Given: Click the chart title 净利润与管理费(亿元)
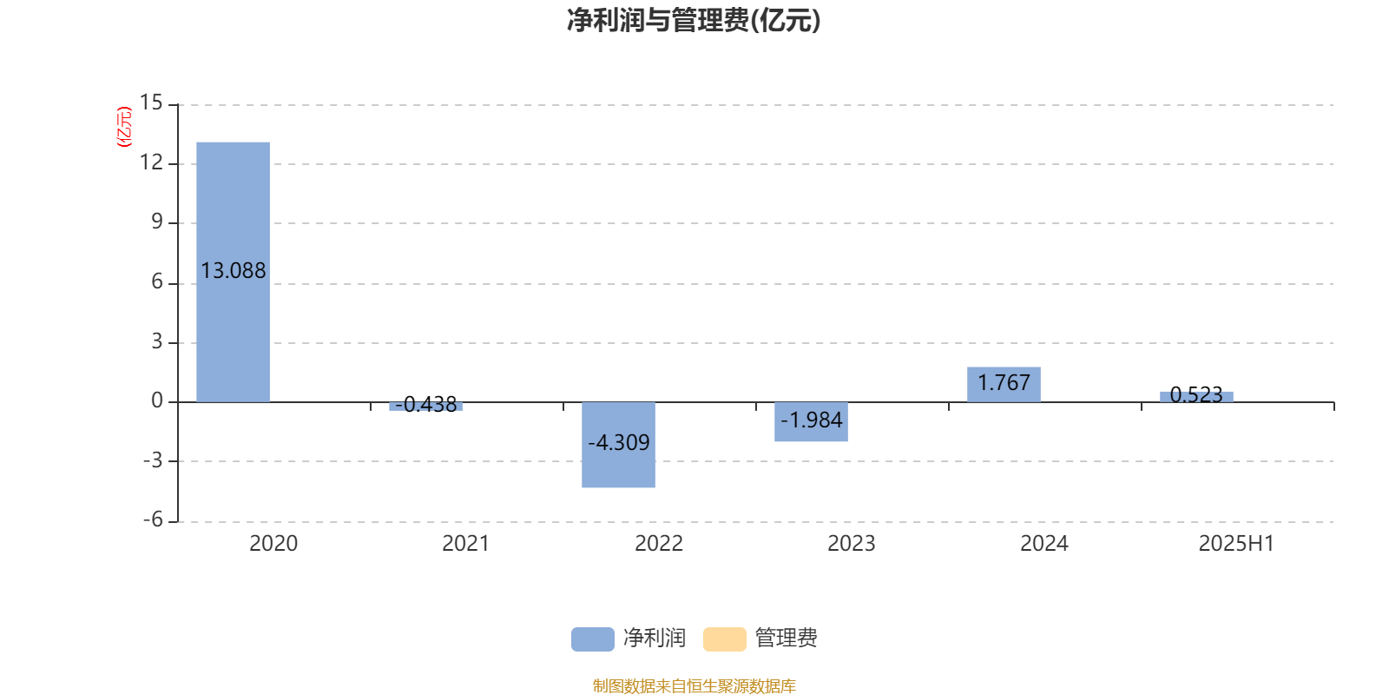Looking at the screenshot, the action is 694,20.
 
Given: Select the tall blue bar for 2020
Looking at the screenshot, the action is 234,272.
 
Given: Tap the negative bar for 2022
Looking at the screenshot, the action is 618,444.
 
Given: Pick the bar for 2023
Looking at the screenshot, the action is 811,421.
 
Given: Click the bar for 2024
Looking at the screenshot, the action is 1004,385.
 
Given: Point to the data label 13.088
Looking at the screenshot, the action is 234,270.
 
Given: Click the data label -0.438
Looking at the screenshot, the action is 426,405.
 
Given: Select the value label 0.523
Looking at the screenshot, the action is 1196,394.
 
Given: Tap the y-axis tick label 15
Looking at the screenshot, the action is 151,103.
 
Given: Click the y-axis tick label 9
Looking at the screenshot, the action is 157,222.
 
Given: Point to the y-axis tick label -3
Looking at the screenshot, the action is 153,460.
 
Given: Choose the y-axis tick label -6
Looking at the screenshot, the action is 153,520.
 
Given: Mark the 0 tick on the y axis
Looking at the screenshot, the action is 157,400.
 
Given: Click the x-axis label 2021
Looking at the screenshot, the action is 465,544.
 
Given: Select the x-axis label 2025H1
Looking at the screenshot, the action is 1236,544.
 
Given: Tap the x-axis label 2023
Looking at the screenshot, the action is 852,544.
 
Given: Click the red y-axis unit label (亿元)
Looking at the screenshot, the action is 124,127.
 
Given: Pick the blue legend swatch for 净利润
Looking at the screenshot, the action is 593,639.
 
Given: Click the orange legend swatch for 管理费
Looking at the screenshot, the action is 724,639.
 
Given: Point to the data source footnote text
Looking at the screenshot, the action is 694,685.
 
